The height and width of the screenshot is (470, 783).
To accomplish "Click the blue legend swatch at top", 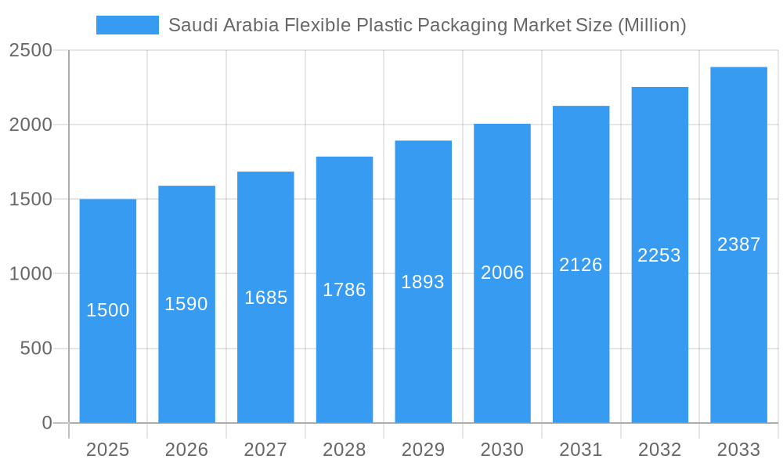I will pos(127,25).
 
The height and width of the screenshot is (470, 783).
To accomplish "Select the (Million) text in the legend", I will pos(651,25).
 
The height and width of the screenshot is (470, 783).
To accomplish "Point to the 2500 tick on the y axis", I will pos(31,50).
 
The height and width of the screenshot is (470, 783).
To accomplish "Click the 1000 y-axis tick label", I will pos(31,273).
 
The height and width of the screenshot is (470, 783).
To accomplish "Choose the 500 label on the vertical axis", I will pos(36,348).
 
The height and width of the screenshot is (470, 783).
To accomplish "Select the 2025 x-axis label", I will pos(107,450).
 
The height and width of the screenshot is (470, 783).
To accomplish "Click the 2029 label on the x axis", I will pos(423,450).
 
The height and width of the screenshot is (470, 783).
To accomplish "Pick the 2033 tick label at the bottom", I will pos(738,450).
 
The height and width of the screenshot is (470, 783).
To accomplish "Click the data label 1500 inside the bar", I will pos(107,310).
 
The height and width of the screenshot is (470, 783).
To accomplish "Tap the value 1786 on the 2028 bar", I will pos(344,290).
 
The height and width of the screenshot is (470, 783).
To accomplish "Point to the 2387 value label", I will pos(738,244).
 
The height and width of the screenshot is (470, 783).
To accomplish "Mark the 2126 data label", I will pos(580,265).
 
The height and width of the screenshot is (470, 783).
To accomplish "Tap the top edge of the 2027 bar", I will pos(265,172).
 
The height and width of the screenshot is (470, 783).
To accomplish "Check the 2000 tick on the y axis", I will pos(31,125).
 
